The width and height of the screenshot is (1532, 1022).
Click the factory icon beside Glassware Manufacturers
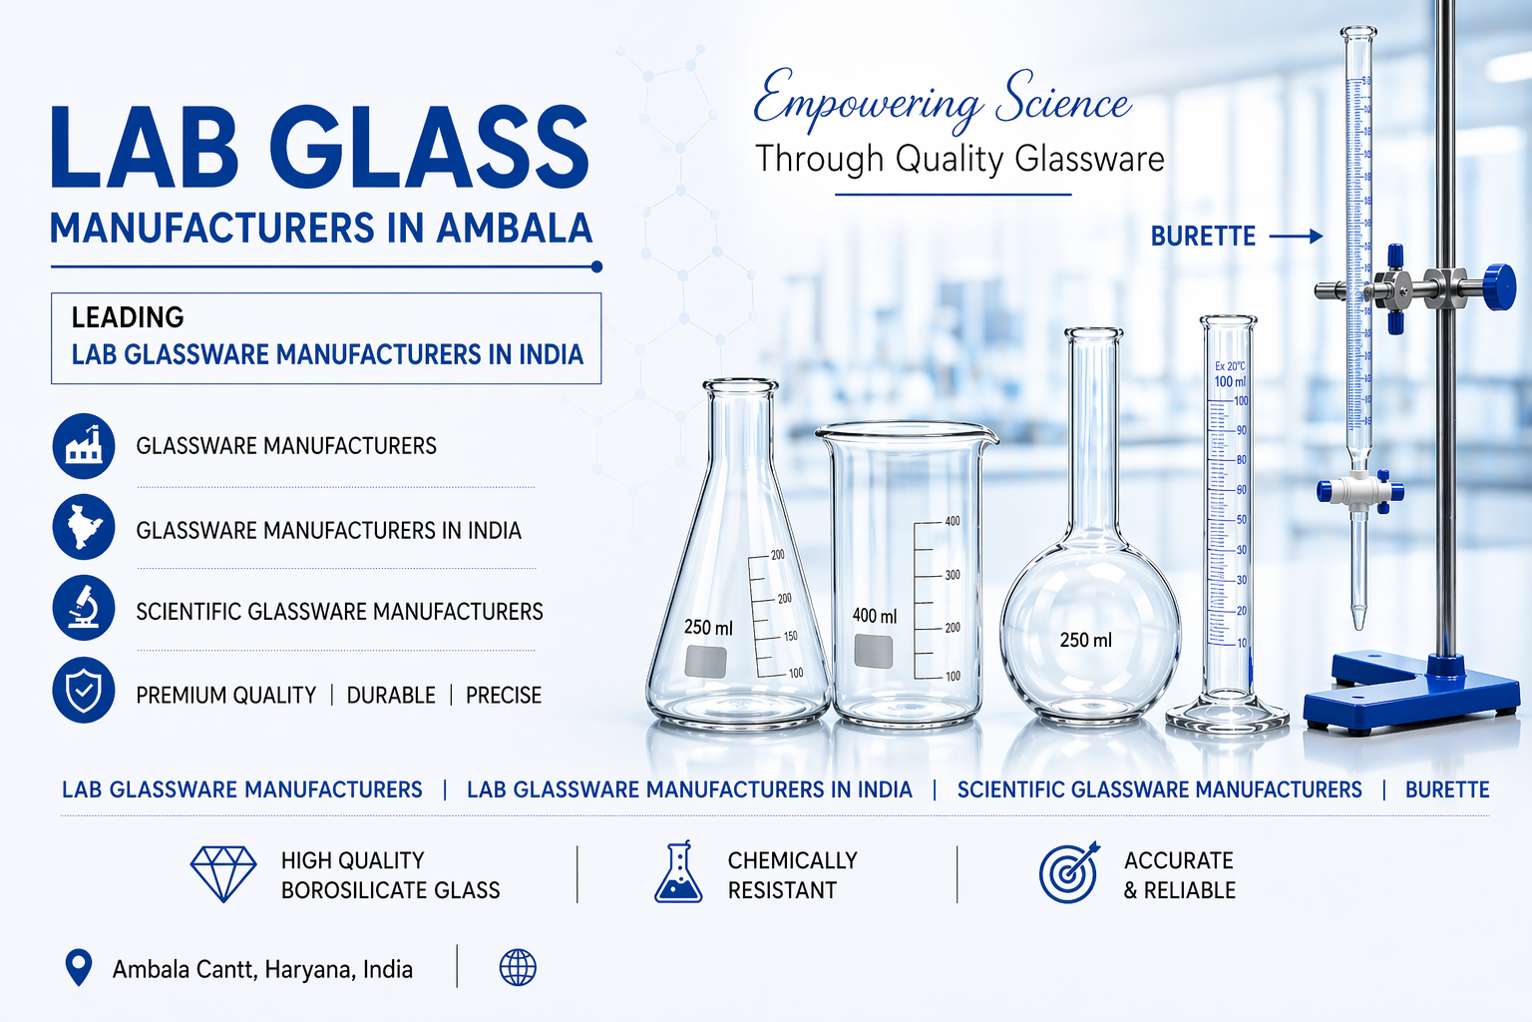pos(84,445)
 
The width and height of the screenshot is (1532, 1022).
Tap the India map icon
pos(84,527)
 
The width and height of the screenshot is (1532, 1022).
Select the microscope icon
pos(84,608)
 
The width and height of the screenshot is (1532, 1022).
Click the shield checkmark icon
pos(84,690)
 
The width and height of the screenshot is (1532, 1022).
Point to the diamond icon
pos(223,874)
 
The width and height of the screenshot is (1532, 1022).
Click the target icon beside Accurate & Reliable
pos(1069,872)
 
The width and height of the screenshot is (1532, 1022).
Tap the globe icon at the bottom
pos(518,967)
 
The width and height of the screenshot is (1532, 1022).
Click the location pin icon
pos(78,967)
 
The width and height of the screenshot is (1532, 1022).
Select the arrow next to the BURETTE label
pos(1296,237)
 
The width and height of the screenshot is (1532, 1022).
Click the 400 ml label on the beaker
pos(874,616)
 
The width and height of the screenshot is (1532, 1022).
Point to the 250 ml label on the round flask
pos(1085,640)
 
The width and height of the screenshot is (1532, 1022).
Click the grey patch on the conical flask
pos(706,661)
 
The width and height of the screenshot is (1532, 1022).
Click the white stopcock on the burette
pos(1359,491)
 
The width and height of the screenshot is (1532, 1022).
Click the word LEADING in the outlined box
pos(128,317)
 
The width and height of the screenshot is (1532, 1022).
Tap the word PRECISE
pos(504,696)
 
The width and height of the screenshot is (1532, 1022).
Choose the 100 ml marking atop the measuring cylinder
pos(1230,381)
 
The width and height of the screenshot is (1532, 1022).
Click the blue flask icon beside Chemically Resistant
pos(678,873)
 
